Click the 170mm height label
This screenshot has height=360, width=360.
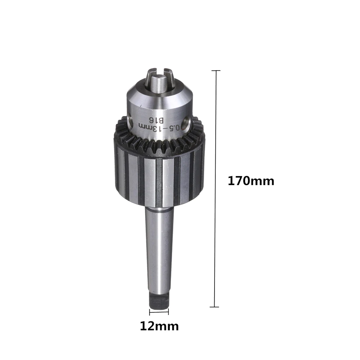[x=251, y=181]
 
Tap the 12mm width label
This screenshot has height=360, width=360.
[x=159, y=326]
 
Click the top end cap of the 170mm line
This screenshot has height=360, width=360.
[x=216, y=71]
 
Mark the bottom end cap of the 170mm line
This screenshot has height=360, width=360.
[x=215, y=307]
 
